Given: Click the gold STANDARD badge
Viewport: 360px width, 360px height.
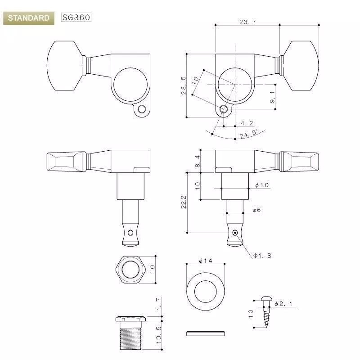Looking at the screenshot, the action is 29,18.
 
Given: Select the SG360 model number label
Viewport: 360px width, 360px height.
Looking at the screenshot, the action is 76,17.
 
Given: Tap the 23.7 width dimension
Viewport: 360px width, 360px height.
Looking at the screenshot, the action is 247,22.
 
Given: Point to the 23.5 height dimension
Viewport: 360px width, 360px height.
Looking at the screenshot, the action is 184,85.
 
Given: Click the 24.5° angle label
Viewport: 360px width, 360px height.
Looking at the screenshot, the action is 249,133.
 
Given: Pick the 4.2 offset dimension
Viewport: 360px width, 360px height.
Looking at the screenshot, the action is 247,123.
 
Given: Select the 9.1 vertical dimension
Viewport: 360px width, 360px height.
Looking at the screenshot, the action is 272,97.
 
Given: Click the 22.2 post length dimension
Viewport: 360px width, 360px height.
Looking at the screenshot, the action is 184,202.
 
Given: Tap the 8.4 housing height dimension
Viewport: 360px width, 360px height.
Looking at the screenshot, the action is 198,161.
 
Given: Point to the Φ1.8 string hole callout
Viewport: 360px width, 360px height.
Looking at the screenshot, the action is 262,256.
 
